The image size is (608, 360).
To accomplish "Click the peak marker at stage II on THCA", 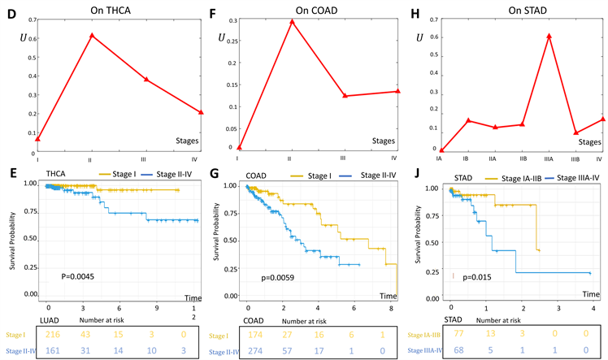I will tap(92, 35).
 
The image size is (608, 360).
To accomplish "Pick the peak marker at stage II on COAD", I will tap(292, 21).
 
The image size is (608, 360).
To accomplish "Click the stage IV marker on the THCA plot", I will tap(201, 112).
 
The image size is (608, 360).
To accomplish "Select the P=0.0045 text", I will tap(81, 275).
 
